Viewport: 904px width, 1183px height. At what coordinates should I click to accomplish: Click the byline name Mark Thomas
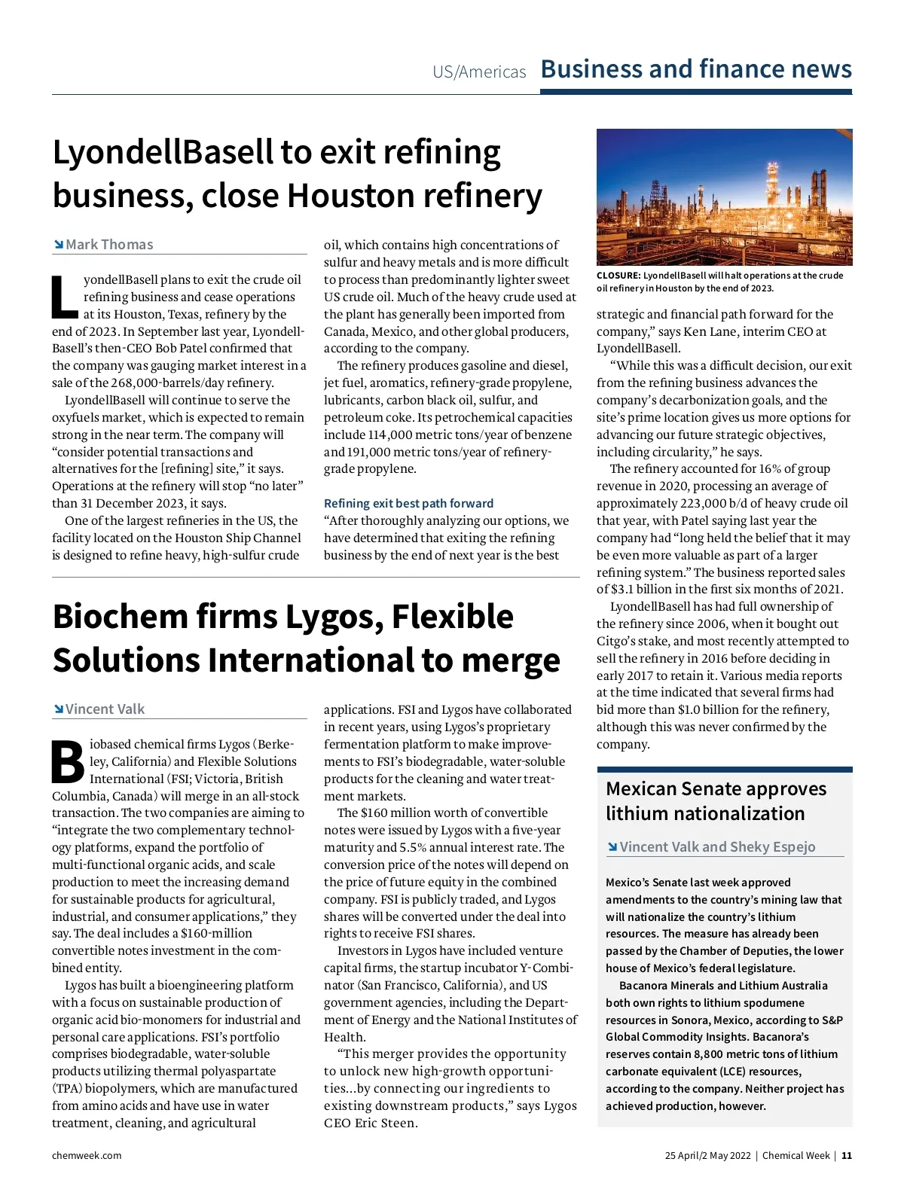click(109, 245)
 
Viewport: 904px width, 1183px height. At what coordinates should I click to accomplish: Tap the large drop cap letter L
click(64, 297)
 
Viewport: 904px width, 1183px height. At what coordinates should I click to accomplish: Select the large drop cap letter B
click(68, 762)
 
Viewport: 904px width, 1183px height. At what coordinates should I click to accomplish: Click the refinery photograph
click(724, 197)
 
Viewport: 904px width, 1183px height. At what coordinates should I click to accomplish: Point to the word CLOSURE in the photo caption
click(618, 276)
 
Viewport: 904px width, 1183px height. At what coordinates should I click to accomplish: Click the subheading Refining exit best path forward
click(408, 503)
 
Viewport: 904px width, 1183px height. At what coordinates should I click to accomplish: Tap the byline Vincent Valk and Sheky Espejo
click(717, 847)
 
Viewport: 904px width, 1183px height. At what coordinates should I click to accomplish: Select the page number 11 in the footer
click(847, 1156)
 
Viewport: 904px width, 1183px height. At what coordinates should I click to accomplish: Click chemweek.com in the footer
click(87, 1156)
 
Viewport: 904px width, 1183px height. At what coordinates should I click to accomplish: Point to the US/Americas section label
click(479, 72)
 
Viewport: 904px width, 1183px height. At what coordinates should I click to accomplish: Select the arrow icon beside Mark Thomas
click(58, 245)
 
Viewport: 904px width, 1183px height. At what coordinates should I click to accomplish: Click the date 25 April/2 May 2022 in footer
click(707, 1156)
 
